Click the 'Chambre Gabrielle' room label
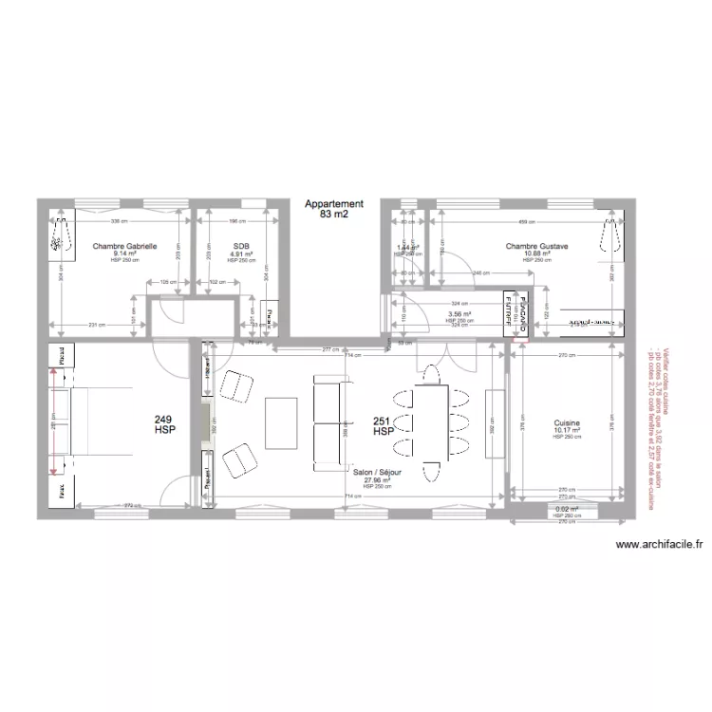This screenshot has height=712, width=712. point(124,247)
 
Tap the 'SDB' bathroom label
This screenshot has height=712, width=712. point(239,247)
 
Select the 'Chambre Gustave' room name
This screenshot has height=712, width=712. point(536,247)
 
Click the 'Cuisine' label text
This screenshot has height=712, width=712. point(567,422)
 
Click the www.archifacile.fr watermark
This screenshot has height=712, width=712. point(660,545)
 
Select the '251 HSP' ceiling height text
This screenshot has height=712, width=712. point(383,426)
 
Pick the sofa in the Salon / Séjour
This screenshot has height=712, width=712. point(328,421)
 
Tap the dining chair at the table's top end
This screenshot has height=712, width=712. point(432,376)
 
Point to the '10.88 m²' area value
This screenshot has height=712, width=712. point(536,254)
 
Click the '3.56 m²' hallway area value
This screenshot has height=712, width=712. point(459,315)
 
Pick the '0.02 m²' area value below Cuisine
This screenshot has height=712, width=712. point(567,509)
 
